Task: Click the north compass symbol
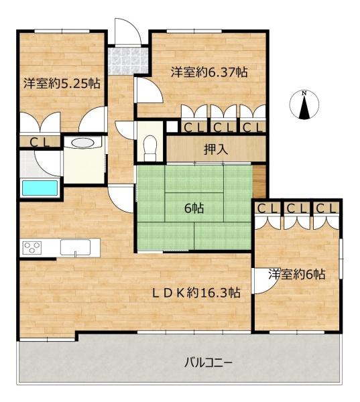pyautogui.click(x=304, y=105)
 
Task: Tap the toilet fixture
pyautogui.click(x=150, y=148)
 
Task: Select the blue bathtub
pyautogui.click(x=40, y=188)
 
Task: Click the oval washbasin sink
pyautogui.click(x=82, y=143)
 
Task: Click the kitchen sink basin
pyautogui.click(x=75, y=247)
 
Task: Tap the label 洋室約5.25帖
pyautogui.click(x=62, y=83)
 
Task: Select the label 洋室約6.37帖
pyautogui.click(x=209, y=72)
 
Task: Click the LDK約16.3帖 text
pyautogui.click(x=196, y=293)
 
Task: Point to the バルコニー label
pyautogui.click(x=208, y=362)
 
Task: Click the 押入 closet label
pyautogui.click(x=216, y=149)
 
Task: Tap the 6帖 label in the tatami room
pyautogui.click(x=194, y=209)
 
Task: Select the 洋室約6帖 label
pyautogui.click(x=297, y=274)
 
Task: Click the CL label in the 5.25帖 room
pyautogui.click(x=40, y=142)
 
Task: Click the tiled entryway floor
pyautogui.click(x=128, y=61)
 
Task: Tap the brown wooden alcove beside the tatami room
pyautogui.click(x=259, y=182)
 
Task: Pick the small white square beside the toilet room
pyautogui.click(x=172, y=127)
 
